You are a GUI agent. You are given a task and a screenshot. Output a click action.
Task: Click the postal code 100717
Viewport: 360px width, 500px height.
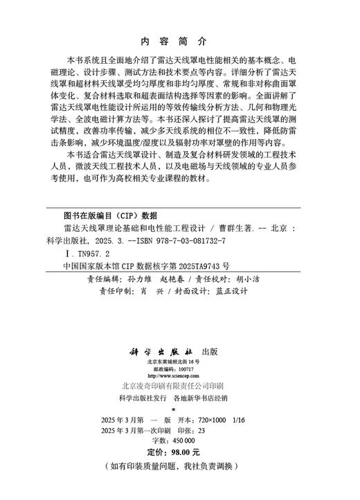point(183,370)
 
